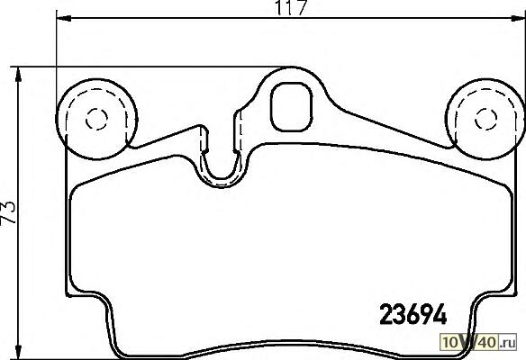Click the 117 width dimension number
pyautogui.click(x=291, y=8)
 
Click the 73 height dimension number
pyautogui.click(x=9, y=212)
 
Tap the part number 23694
pyautogui.click(x=413, y=314)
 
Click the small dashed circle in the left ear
pyautogui.click(x=96, y=119)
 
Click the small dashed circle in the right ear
pyautogui.click(x=486, y=119)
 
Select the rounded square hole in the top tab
pyautogui.click(x=292, y=106)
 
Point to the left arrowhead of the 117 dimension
pyautogui.click(x=64, y=18)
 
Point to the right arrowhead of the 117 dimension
pyautogui.click(x=518, y=18)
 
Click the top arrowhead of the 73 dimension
pyautogui.click(x=18, y=75)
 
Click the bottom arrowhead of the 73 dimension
pyautogui.click(x=18, y=352)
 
